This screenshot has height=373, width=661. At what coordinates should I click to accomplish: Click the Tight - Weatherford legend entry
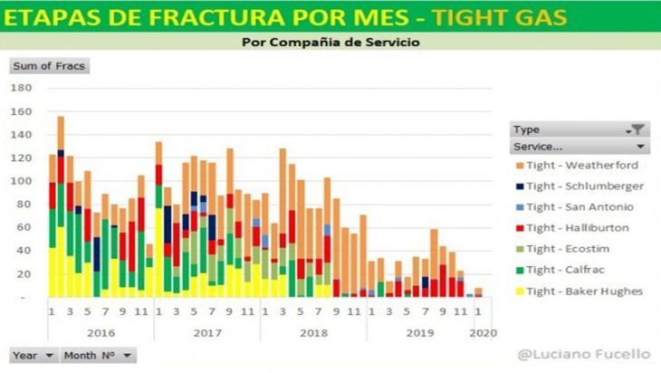[580, 165]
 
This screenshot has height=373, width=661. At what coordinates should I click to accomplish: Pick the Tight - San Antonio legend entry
[580, 206]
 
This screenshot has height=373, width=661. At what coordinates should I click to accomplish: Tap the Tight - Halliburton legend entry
[580, 227]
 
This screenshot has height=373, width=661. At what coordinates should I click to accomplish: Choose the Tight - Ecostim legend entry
[573, 248]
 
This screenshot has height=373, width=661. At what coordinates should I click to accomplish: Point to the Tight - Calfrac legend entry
[571, 269]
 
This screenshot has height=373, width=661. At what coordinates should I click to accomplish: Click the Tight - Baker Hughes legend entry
[584, 291]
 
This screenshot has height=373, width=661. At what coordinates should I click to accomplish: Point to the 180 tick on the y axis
[22, 88]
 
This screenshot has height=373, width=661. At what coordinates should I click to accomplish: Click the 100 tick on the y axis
[22, 181]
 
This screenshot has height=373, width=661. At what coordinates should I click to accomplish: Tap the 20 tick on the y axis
[24, 274]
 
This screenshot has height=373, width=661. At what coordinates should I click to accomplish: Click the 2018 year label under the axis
[313, 333]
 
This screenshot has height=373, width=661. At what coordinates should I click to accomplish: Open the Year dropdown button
[34, 356]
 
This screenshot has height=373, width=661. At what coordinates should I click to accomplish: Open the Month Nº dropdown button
[99, 356]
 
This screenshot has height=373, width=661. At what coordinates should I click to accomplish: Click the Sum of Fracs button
[49, 65]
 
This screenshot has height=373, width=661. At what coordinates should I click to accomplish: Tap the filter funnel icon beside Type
[637, 129]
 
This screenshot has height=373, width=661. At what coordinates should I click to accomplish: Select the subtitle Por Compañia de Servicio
[330, 42]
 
